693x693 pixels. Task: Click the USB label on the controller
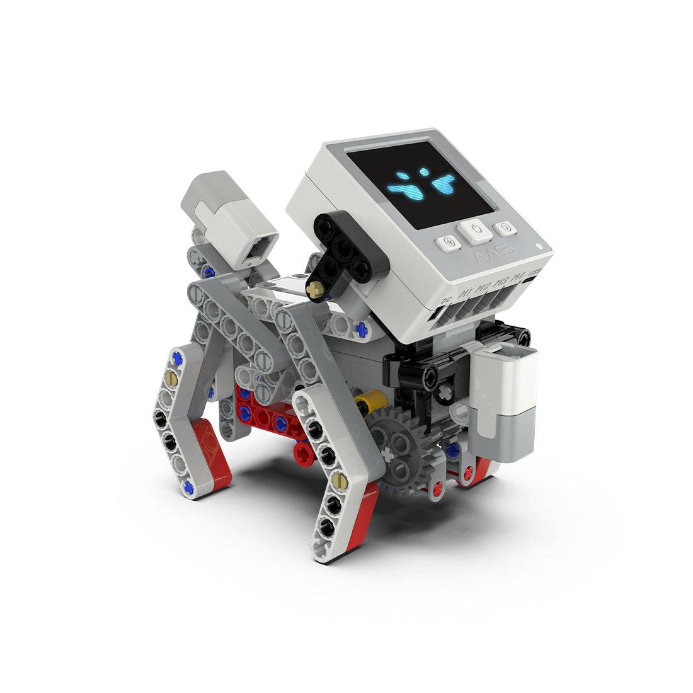534,275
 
